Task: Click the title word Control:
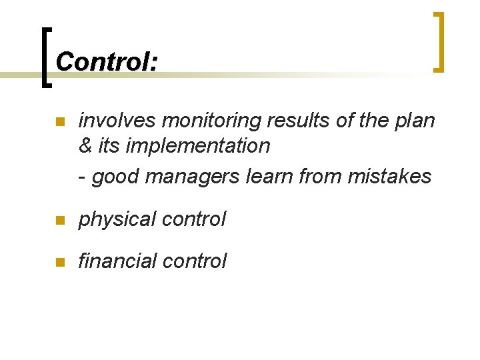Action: click(107, 62)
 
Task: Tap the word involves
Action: click(117, 121)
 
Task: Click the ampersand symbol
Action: click(85, 145)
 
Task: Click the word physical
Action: click(116, 219)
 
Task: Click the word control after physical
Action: click(193, 219)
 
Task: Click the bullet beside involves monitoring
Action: click(59, 122)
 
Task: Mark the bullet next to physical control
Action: click(59, 220)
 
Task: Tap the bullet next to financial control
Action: click(59, 262)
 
